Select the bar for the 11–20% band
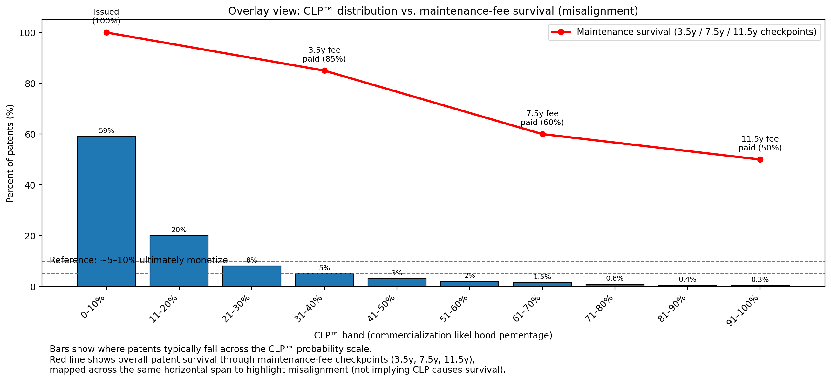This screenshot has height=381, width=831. click(179, 261)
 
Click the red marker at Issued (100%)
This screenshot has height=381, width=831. click(106, 33)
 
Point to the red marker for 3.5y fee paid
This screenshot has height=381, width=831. click(324, 70)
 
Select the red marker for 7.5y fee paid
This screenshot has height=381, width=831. click(542, 134)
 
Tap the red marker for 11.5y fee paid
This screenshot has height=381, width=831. click(760, 160)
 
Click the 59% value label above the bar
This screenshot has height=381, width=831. click(106, 131)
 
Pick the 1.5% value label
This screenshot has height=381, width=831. click(542, 277)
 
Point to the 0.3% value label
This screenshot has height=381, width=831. click(760, 280)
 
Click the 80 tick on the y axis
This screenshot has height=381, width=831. click(30, 84)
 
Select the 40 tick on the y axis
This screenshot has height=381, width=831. click(30, 185)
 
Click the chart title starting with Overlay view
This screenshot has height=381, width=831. click(433, 11)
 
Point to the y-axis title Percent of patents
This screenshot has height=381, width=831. click(10, 153)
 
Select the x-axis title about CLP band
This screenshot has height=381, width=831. click(433, 336)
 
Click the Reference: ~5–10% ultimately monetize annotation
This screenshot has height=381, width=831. click(139, 260)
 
